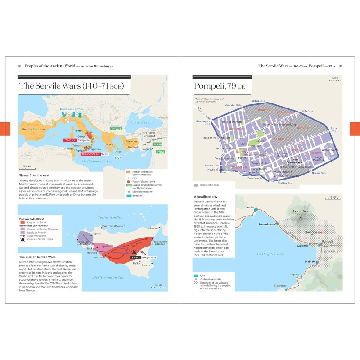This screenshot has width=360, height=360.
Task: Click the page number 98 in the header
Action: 19,66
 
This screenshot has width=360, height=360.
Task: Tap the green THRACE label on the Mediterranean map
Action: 116,128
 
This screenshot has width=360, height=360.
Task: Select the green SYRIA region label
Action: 160,152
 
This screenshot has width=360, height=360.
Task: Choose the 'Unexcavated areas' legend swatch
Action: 196,185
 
